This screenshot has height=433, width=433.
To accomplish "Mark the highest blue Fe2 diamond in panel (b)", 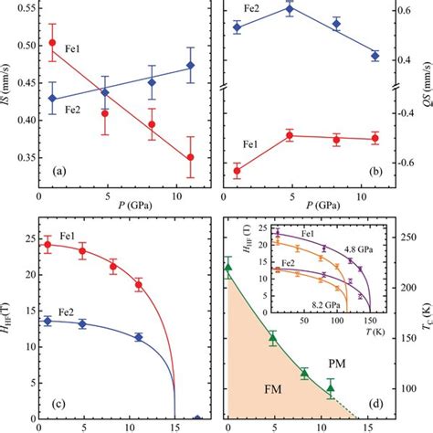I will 288,9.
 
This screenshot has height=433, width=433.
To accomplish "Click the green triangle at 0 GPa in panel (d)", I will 228,268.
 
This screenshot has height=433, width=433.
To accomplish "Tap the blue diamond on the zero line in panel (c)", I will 197,420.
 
